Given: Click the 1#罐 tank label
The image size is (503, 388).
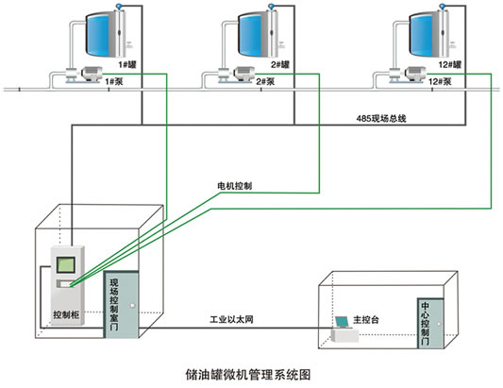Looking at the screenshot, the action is point(127,65).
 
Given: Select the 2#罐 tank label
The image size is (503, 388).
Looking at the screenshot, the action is point(280,65).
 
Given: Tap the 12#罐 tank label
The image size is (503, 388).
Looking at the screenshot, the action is point(450,65).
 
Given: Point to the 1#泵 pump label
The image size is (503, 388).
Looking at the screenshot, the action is point(114,81).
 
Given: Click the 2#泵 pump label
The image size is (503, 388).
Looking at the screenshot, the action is point(265,81).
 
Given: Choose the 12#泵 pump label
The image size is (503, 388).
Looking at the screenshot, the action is point(440,81).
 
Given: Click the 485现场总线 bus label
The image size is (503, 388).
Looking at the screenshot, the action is point(381,118).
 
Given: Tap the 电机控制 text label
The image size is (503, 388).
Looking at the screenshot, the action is point(234,186).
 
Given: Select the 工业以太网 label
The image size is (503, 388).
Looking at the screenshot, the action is point(231,319).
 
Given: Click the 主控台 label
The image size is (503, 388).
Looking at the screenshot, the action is point(366,319).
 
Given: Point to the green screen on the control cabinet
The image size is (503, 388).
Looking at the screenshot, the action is point(66,265).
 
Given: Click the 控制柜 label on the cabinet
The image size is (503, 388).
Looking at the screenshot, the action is point(66,314).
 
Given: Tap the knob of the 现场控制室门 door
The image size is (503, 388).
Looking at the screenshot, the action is point(132,306).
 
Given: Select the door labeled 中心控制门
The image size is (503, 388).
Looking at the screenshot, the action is point(430,323).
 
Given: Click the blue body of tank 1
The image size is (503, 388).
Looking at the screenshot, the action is point(99,34).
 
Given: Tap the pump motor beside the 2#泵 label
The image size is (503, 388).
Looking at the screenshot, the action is point(244,75).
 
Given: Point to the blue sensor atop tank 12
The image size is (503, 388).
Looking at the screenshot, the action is point(443,6).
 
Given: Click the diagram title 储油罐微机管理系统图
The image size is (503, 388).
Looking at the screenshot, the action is point(248,375).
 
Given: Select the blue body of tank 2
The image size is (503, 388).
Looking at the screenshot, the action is point(251,34).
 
